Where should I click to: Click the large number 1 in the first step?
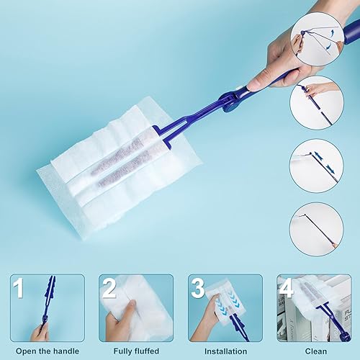(x=19, y=288)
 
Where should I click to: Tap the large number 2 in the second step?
(x=109, y=288)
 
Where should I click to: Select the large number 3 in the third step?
(x=198, y=288)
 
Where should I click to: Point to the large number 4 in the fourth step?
(x=287, y=288)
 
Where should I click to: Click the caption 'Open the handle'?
(x=48, y=351)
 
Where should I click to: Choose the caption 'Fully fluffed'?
(x=136, y=351)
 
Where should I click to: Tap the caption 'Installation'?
(x=225, y=351)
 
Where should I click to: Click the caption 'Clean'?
(x=316, y=351)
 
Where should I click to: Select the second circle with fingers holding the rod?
(x=317, y=103)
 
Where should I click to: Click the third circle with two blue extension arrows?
(x=317, y=166)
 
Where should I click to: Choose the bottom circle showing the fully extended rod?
(x=317, y=229)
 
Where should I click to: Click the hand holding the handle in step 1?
(x=39, y=333)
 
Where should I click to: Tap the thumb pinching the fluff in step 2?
(x=131, y=307)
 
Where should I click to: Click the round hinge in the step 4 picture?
(x=345, y=336)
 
